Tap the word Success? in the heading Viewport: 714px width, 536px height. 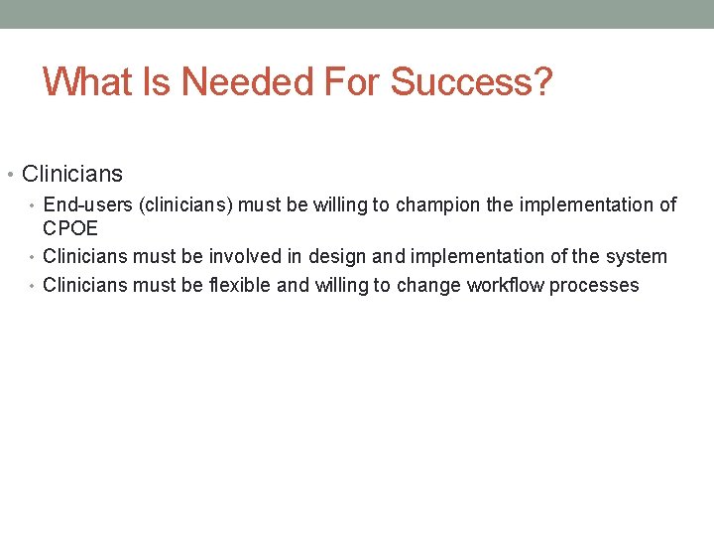pyautogui.click(x=471, y=81)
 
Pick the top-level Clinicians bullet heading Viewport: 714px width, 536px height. pyautogui.click(x=72, y=175)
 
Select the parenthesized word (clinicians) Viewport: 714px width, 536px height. pyautogui.click(x=185, y=205)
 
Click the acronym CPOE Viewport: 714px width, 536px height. pyautogui.click(x=70, y=227)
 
